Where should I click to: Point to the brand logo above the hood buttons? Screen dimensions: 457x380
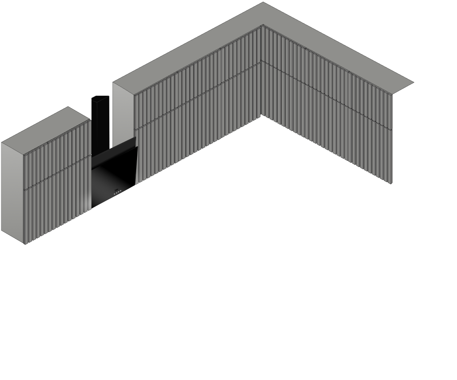coord(117,188)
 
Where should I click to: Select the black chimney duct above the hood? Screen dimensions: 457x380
coord(100,121)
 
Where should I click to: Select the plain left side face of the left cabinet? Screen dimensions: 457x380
coord(12,192)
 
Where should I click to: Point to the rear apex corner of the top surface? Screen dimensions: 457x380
coord(263,3)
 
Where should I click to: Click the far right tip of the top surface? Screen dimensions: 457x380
coord(413,82)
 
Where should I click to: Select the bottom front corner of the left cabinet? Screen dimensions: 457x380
coord(25,244)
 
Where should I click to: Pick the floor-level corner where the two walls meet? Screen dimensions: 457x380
coord(261,116)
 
